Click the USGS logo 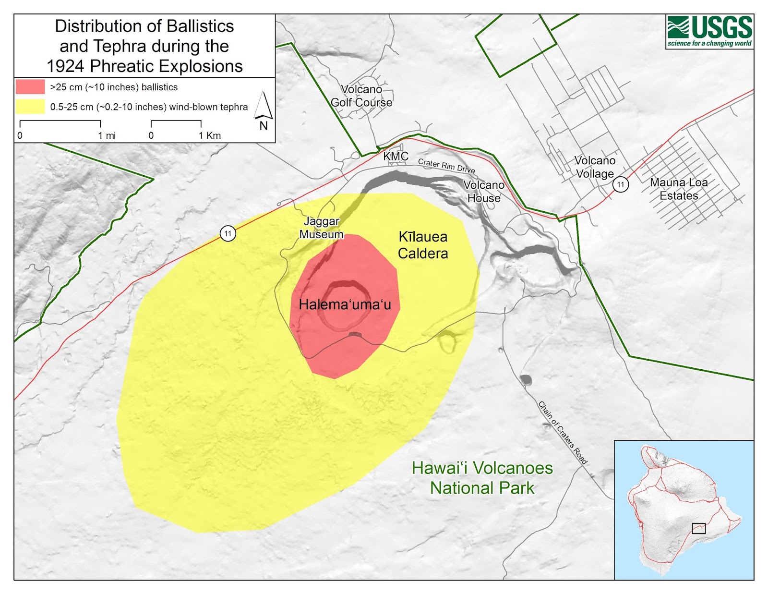[709, 31]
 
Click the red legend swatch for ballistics [30, 87]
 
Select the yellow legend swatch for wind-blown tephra [30, 107]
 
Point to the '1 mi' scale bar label [107, 135]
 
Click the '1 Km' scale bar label [210, 135]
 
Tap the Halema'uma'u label [345, 304]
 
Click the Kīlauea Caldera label [423, 245]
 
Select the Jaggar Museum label [321, 228]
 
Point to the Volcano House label [484, 192]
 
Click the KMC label [396, 156]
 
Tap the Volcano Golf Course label [361, 96]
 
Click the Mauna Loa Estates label [679, 189]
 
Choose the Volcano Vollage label [595, 167]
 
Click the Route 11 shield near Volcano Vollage [621, 184]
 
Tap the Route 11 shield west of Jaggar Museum [228, 234]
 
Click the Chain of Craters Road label [562, 433]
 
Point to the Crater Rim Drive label [446, 166]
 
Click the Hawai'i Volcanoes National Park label [482, 478]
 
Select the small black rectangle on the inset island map [698, 528]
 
